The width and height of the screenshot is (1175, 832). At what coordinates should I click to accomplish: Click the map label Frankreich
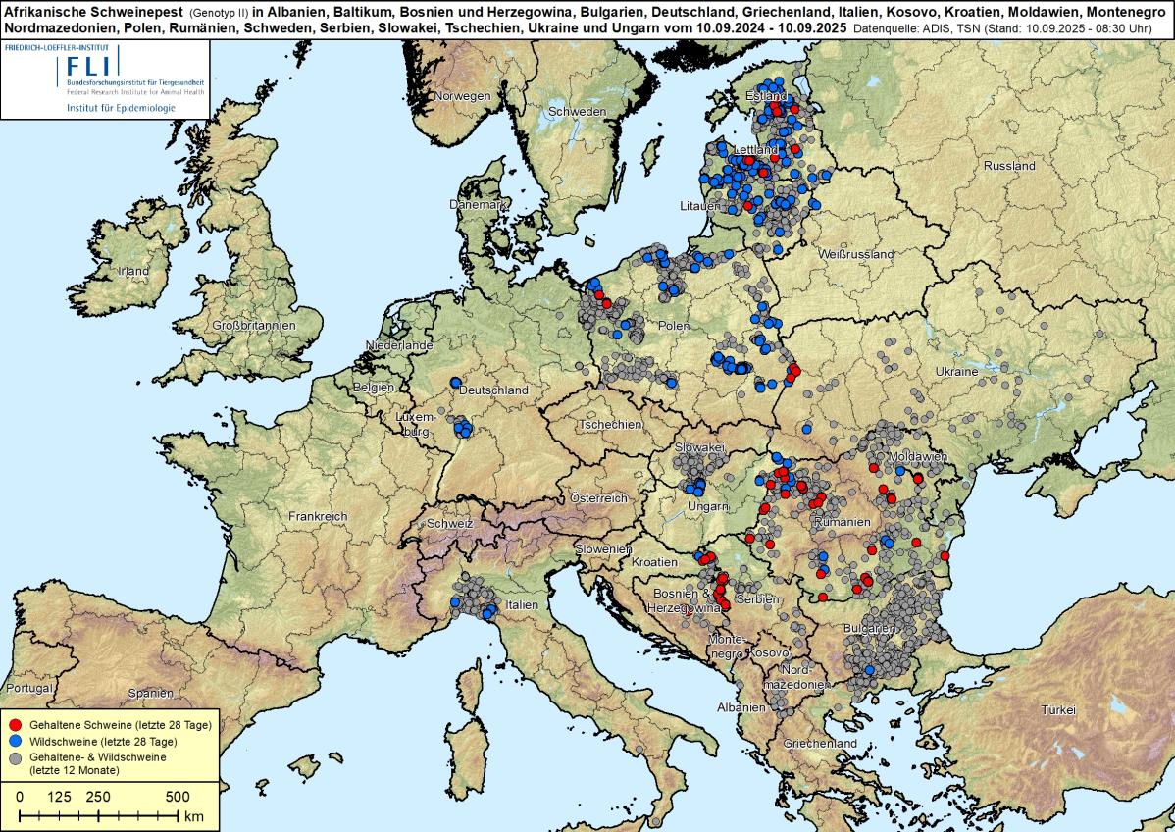pyautogui.click(x=318, y=516)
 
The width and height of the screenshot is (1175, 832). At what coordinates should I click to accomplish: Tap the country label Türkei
pyautogui.click(x=1059, y=709)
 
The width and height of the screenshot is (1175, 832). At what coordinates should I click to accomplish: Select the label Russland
pyautogui.click(x=1009, y=166)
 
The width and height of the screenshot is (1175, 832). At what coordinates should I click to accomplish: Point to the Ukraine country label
pyautogui.click(x=956, y=372)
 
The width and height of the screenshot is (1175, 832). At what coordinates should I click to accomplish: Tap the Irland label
pyautogui.click(x=133, y=271)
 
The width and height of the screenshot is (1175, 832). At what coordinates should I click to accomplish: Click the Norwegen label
pyautogui.click(x=462, y=96)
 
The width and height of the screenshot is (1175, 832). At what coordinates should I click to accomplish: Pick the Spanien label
pyautogui.click(x=150, y=691)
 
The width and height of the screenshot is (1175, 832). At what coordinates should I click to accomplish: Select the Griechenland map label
pyautogui.click(x=820, y=744)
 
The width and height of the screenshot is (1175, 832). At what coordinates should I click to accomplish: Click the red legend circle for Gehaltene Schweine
pyautogui.click(x=16, y=722)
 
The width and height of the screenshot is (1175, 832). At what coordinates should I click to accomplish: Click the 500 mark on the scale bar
pyautogui.click(x=177, y=796)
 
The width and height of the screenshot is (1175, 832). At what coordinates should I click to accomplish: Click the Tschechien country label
pyautogui.click(x=610, y=425)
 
